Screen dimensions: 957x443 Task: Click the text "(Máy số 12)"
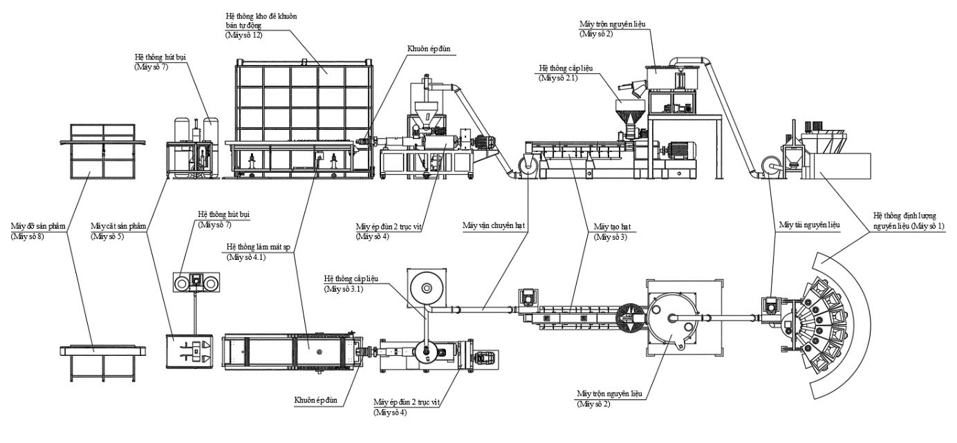point(243,35)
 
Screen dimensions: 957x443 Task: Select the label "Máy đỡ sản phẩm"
point(38,226)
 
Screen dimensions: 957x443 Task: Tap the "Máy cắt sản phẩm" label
point(118,226)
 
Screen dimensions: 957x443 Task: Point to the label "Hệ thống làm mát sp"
point(259,247)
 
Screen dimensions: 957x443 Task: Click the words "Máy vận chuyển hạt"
point(494,225)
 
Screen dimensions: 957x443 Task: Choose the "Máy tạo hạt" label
point(612,227)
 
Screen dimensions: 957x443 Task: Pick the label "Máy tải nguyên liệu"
point(810,225)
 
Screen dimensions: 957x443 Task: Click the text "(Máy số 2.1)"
point(558,78)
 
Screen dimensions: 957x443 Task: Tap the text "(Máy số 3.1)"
point(343,289)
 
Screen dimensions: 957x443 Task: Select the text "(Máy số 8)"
point(27,236)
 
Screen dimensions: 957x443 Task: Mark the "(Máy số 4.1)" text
point(246,257)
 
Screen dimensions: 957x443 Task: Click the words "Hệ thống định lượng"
point(904,216)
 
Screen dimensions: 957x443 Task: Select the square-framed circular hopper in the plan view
point(427,289)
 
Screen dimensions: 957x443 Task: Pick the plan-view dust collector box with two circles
point(196,282)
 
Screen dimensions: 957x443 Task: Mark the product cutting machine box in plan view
point(189,351)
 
